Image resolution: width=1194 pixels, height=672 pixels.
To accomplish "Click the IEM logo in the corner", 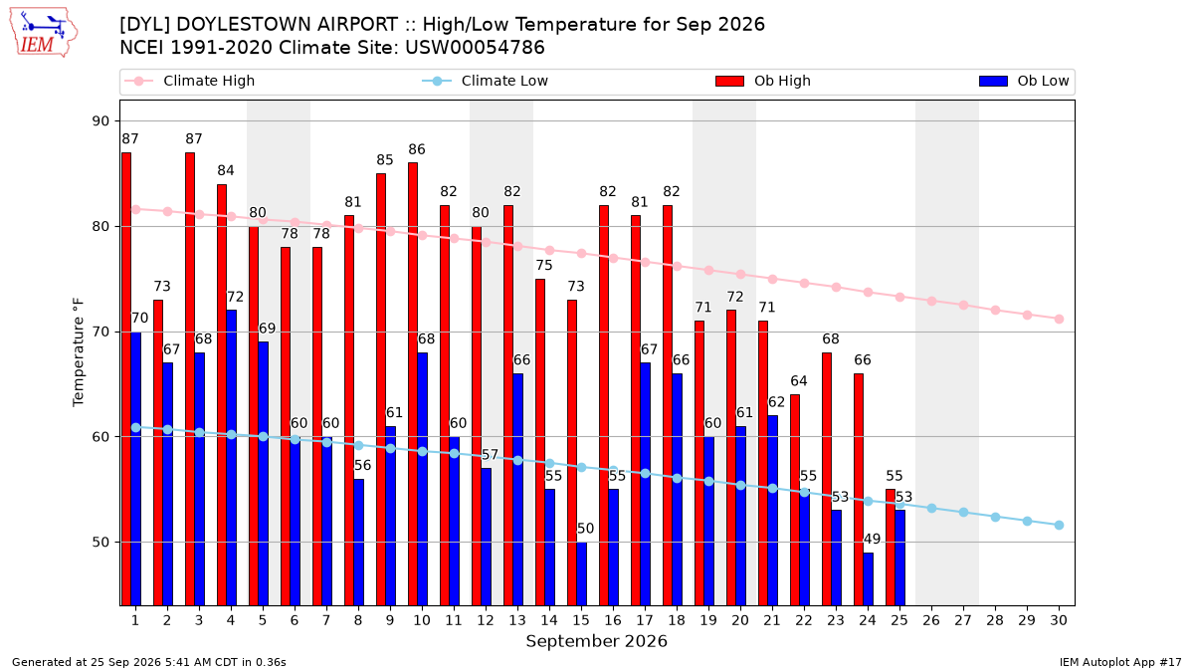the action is (44, 32).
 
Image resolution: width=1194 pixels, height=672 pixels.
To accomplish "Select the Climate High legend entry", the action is (189, 81).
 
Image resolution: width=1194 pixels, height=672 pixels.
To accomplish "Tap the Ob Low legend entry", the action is (1024, 81).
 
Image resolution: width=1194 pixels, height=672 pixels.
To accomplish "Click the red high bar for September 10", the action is (413, 384).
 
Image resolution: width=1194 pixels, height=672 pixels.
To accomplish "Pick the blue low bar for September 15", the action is (581, 573).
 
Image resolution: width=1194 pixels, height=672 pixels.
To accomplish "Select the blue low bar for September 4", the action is (231, 458).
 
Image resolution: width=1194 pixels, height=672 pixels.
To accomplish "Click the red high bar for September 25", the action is (891, 548).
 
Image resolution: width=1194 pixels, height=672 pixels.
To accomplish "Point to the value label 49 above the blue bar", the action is (872, 540).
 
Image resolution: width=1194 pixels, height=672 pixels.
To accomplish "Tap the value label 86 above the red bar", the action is (417, 150).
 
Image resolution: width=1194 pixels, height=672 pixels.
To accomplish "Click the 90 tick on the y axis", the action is (100, 121).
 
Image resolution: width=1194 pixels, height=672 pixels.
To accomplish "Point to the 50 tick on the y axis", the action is (100, 543).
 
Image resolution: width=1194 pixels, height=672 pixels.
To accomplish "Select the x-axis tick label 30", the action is (1059, 620).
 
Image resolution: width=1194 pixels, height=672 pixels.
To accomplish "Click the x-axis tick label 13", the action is (517, 620).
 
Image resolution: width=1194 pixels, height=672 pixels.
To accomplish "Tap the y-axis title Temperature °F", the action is (79, 352).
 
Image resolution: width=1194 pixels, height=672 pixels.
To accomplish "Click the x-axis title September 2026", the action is (596, 641).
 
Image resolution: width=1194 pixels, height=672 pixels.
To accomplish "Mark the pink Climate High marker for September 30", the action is (1059, 319).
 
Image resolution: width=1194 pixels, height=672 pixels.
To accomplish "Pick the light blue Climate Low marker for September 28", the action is (995, 518).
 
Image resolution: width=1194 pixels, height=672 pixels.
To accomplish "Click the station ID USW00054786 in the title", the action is (475, 48).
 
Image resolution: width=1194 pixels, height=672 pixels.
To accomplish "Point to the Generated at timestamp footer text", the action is (148, 662).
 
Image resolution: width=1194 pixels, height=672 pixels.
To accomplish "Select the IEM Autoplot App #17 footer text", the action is (1120, 662).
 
